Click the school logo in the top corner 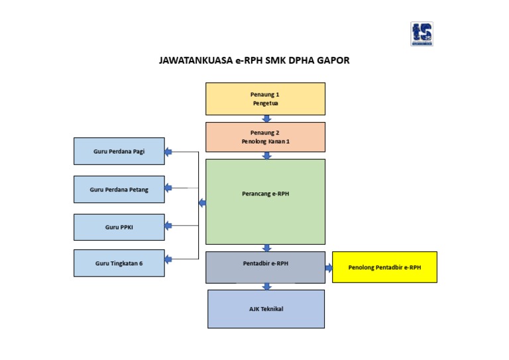click(x=421, y=34)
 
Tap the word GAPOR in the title click(x=334, y=60)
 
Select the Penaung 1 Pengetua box click(x=265, y=99)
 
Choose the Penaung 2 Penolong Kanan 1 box click(x=265, y=137)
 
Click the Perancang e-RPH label click(x=265, y=194)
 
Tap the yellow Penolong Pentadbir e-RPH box click(x=384, y=267)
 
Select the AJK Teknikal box click(x=266, y=309)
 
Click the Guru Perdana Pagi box click(x=119, y=151)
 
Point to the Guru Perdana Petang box click(x=119, y=190)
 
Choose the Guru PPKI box click(x=119, y=227)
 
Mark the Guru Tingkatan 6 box click(x=119, y=263)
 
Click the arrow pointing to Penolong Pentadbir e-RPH click(x=329, y=268)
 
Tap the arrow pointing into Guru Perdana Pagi click(x=168, y=152)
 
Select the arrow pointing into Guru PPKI click(x=168, y=226)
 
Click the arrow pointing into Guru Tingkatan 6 click(x=168, y=259)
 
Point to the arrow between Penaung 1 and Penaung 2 click(x=266, y=119)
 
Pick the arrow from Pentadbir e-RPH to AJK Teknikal click(x=266, y=286)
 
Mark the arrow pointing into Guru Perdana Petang click(x=168, y=188)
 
